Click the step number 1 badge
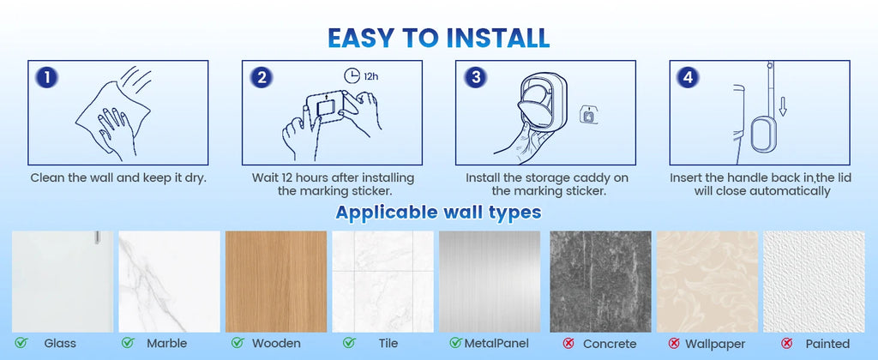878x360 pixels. coord(48,77)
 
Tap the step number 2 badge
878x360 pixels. coord(262,77)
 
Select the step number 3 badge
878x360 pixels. coord(476,77)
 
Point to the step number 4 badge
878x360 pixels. coord(689,77)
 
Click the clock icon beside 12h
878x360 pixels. coord(353,75)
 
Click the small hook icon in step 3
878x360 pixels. coord(589,113)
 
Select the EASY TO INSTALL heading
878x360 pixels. coord(438,37)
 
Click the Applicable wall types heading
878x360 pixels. coord(438,212)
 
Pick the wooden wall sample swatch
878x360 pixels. coord(276,281)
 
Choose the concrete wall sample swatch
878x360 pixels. coord(600,281)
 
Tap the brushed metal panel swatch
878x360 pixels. coord(491,281)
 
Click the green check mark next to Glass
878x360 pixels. coord(21,344)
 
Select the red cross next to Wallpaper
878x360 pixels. coord(673,344)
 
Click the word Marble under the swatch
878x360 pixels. coord(166,344)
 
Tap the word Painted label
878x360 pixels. coord(828,344)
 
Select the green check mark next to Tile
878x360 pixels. coord(349,344)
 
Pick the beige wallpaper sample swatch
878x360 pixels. coord(707,281)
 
